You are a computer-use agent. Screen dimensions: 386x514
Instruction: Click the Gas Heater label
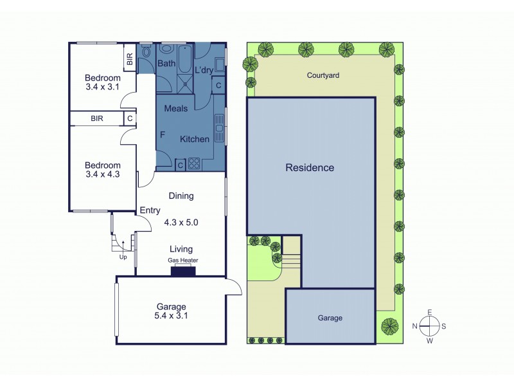tap(183, 261)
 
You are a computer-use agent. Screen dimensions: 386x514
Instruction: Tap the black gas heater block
tap(183, 271)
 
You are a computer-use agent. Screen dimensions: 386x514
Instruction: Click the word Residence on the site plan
tap(310, 168)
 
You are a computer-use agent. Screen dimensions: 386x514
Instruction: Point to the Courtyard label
tap(323, 75)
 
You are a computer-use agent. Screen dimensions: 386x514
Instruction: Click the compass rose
tap(429, 326)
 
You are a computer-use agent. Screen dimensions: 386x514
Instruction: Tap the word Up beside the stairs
tap(123, 257)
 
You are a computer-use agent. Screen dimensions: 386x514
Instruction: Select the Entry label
tap(150, 210)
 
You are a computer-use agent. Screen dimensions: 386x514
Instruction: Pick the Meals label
tap(176, 109)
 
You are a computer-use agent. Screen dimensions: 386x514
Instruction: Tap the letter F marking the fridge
tap(163, 136)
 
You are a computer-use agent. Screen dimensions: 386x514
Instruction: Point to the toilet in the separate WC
tap(146, 53)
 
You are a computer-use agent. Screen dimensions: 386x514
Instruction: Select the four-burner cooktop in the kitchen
tap(195, 163)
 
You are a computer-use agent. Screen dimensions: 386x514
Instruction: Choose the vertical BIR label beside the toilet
tap(130, 60)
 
